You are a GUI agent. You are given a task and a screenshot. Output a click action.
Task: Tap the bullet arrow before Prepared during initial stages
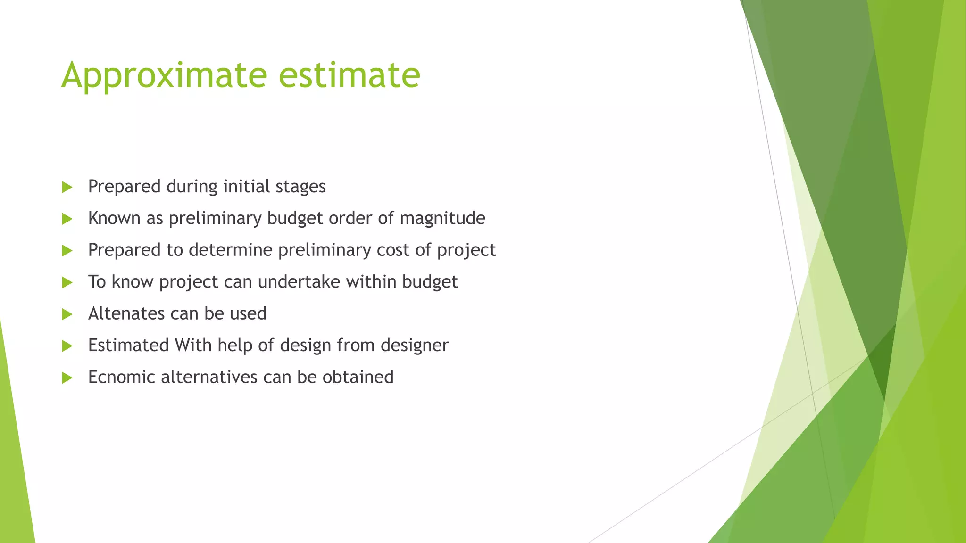[x=67, y=187]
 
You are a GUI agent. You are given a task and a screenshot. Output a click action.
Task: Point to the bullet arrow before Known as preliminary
[x=67, y=219]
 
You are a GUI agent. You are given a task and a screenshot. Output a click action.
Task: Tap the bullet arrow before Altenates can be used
[x=67, y=314]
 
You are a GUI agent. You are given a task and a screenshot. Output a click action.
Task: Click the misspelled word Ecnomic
[x=121, y=377]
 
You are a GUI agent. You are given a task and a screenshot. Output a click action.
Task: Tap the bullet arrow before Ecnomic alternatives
[x=67, y=378]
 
